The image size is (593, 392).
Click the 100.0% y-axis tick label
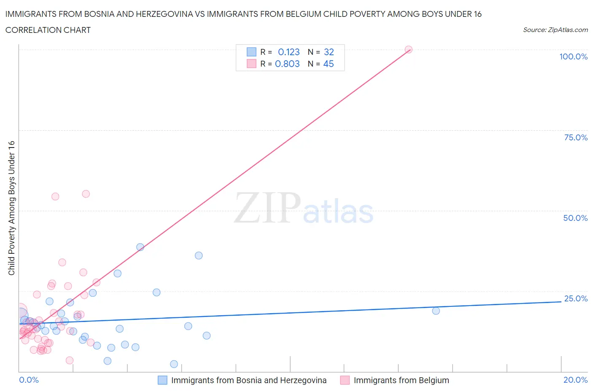(573, 56)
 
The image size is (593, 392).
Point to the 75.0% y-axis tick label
(575, 137)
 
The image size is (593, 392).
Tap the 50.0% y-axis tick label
(575, 218)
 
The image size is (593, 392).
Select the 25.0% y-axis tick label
(575, 298)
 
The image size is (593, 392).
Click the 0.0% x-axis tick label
(29, 380)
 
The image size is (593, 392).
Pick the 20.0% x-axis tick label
(575, 380)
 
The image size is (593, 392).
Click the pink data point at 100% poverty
(408, 49)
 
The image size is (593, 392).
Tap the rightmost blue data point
(436, 311)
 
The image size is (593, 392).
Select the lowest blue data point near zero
(174, 364)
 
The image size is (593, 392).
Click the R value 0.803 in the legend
(287, 64)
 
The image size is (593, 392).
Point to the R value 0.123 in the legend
(289, 52)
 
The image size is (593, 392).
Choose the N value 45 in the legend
(328, 64)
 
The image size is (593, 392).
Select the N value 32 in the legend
(329, 52)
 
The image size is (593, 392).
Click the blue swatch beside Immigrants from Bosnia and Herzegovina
(162, 380)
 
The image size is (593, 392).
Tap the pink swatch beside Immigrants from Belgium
(345, 380)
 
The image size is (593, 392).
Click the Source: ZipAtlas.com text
(555, 30)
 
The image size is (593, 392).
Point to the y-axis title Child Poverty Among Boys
(11, 208)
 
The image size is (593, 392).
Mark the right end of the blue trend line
(561, 302)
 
